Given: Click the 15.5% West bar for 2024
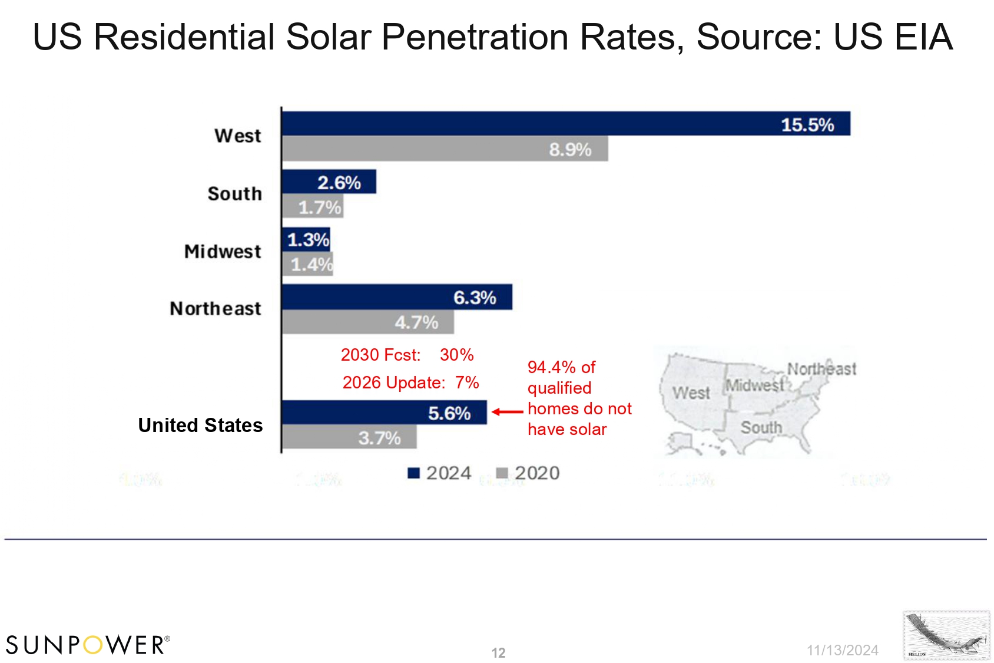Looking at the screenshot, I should (x=565, y=124).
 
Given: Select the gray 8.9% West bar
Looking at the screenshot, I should (x=445, y=149).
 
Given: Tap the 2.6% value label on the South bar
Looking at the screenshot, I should (x=339, y=183).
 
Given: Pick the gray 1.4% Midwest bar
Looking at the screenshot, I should (x=307, y=264).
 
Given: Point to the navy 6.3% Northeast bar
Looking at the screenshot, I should (x=396, y=298).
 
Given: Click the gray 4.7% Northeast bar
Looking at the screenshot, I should (x=367, y=322).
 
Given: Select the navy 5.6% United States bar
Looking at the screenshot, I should (x=384, y=413).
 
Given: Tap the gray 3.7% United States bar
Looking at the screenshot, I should (x=349, y=437).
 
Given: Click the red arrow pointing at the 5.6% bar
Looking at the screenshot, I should (x=507, y=412).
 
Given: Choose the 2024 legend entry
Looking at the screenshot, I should (x=439, y=473).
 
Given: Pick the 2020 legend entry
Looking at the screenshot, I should (x=528, y=473).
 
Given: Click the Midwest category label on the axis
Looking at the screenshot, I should (x=223, y=252).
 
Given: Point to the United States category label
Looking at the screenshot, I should (x=200, y=425).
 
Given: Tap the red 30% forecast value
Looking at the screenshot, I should (x=456, y=355).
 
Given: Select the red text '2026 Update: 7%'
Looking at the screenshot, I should (x=410, y=382).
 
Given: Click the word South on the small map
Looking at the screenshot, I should (x=761, y=427).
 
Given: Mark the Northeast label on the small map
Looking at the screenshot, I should (x=821, y=369).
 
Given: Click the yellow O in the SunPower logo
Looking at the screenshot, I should (x=93, y=645).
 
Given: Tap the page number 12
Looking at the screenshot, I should (x=498, y=653).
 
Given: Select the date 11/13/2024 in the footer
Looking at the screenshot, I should (x=842, y=650).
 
